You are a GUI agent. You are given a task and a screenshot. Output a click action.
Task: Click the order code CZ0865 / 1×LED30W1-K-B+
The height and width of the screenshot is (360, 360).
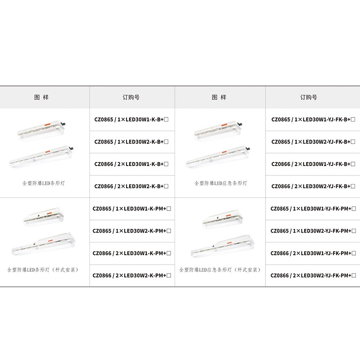coord(131,119)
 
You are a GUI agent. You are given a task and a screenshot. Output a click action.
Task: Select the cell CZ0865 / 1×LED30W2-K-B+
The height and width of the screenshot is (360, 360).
coord(131,142)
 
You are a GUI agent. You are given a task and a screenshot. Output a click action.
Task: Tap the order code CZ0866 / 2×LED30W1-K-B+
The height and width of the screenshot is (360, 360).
coord(131,164)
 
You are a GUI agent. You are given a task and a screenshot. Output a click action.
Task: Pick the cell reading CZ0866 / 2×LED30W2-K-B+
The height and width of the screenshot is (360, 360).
coord(131,186)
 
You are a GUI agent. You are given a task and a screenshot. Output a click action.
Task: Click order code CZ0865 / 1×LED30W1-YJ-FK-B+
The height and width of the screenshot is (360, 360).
coord(313,119)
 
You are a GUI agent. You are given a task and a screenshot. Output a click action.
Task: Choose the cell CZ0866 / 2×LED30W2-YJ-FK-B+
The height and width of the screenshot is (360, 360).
coord(313,186)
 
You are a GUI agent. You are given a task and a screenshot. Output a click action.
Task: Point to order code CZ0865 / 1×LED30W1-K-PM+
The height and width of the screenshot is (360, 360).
coord(132,209)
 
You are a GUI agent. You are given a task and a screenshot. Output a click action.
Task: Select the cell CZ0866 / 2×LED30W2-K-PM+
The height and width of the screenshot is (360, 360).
coord(132,275)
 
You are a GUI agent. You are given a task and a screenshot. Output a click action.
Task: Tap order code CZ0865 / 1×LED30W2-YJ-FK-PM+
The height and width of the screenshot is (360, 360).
coord(313,231)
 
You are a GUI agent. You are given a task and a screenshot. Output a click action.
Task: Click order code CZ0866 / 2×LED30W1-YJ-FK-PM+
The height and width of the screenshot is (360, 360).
coord(313,253)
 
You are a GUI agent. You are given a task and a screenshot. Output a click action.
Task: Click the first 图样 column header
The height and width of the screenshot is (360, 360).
coord(41,97)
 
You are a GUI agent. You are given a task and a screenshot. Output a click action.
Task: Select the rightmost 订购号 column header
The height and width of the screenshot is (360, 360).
coord(309,97)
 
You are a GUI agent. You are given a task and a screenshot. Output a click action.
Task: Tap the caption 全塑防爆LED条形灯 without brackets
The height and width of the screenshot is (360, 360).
coord(44,183)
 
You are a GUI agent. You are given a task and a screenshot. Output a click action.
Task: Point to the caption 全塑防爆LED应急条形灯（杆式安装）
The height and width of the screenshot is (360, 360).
coord(220,270)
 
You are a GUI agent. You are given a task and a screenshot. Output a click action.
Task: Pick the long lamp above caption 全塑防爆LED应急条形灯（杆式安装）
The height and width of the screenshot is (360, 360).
coord(223,246)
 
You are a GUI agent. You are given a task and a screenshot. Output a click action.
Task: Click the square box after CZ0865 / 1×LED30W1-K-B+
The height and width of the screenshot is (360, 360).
coord(166,119)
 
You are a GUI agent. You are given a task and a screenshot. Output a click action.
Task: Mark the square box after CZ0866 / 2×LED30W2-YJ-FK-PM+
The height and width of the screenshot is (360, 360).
coord(354,275)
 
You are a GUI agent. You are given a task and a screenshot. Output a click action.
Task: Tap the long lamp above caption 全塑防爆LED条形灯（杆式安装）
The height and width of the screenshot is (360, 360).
coord(44,244)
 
